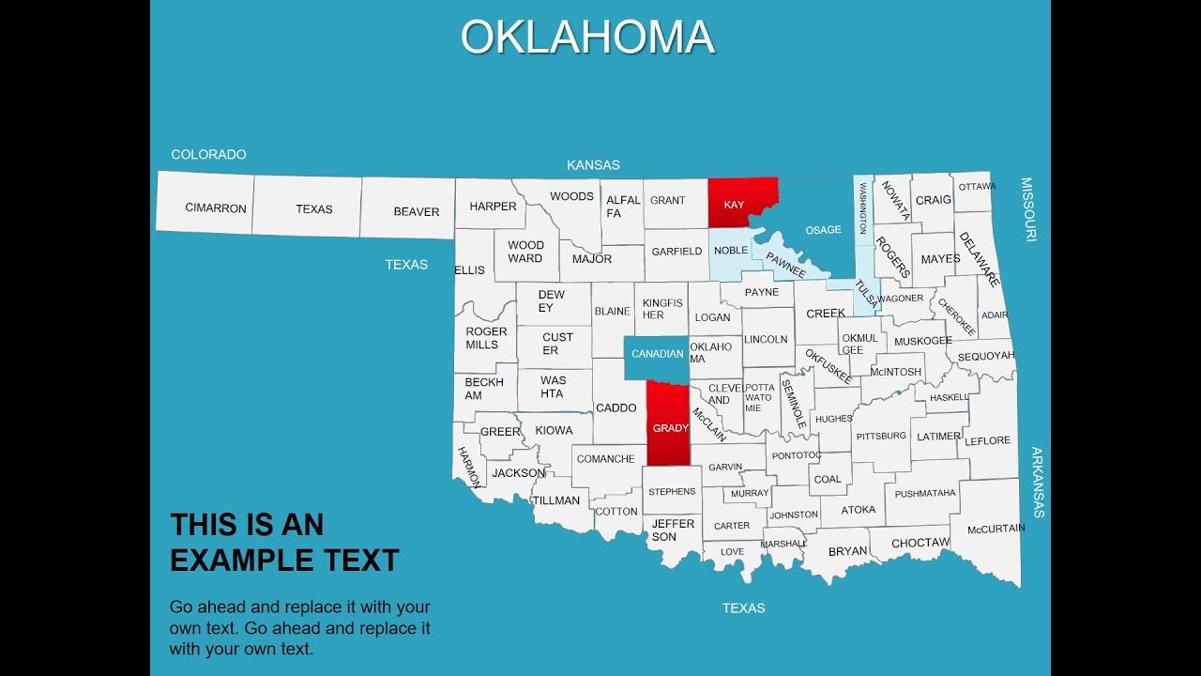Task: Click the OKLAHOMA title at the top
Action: [x=587, y=38]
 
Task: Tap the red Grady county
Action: [x=670, y=427]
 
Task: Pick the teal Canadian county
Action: [x=657, y=354]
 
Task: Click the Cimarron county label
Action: [x=216, y=208]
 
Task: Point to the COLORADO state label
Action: [x=208, y=154]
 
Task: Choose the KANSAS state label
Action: [x=593, y=165]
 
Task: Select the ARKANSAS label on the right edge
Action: [x=1037, y=483]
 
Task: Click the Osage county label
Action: [x=823, y=230]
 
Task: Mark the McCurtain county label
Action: [x=996, y=529]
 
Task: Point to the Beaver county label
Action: [x=416, y=212]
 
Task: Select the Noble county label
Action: [x=731, y=251]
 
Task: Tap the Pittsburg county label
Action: [x=881, y=436]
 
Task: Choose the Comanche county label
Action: [x=605, y=459]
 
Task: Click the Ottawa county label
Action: [x=977, y=187]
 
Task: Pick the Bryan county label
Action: [x=847, y=551]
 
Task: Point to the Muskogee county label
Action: [x=922, y=341]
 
